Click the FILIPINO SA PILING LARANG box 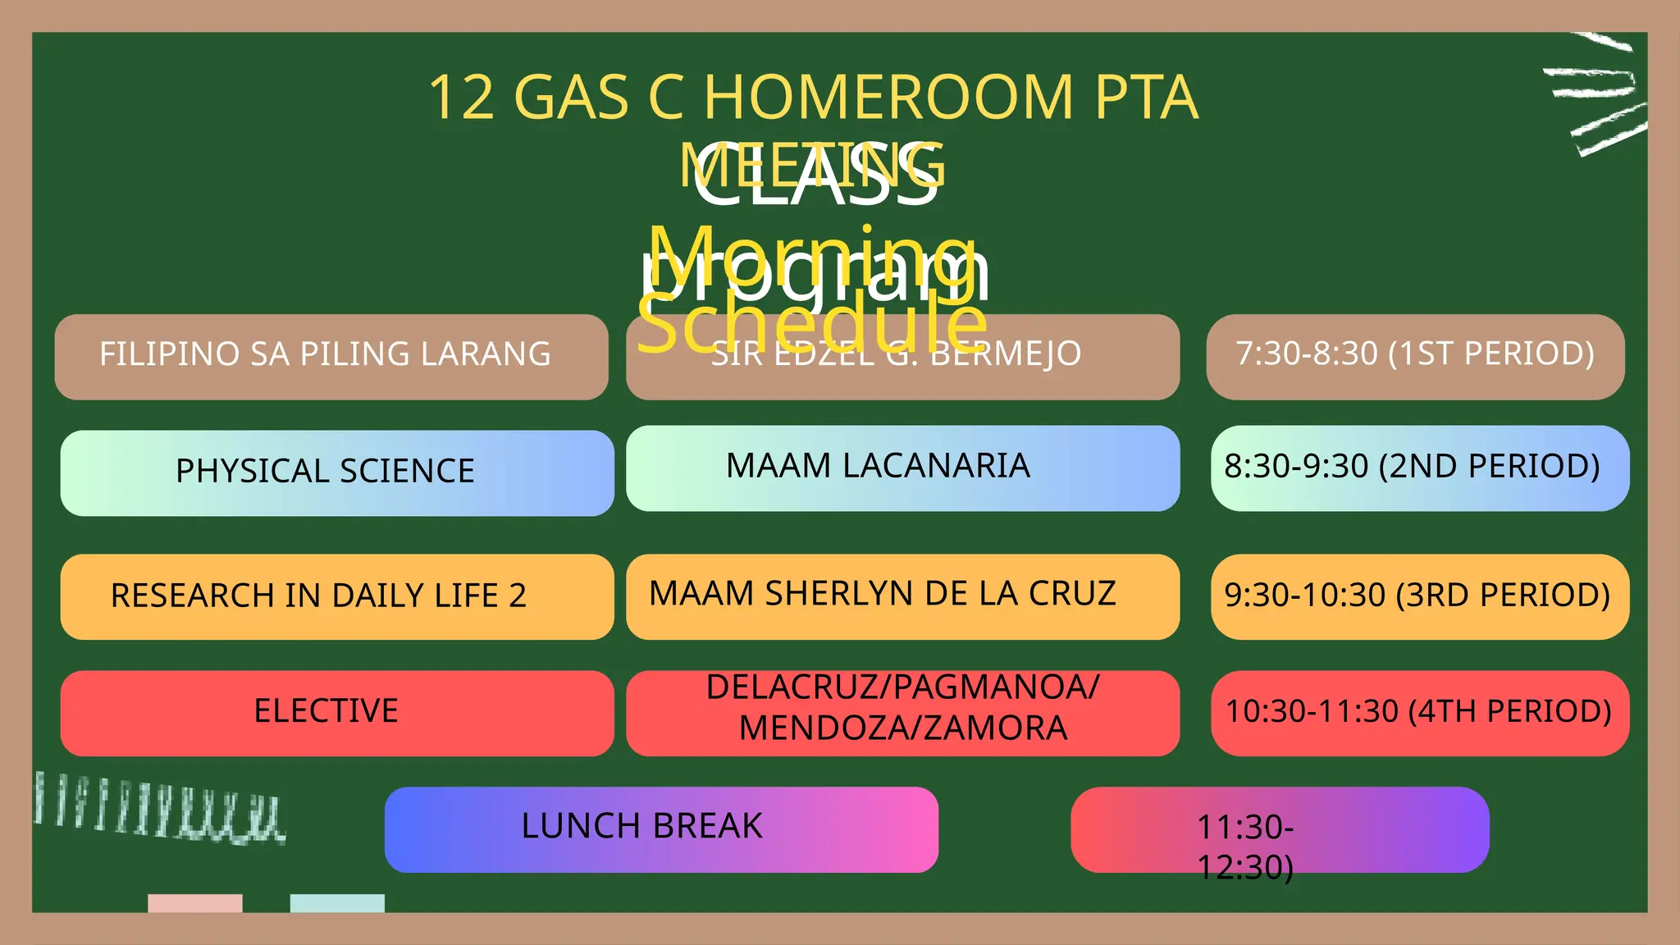point(331,357)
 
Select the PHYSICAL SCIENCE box point(336,472)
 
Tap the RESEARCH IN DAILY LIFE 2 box point(336,596)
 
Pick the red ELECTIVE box point(336,712)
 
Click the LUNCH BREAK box point(660,829)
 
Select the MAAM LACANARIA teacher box point(902,468)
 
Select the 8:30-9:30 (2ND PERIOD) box point(1419,468)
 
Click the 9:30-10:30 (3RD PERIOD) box point(1419,596)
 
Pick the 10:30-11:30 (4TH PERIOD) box point(1419,712)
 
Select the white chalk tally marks point(160,808)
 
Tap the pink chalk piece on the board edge point(195,902)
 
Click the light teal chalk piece point(337,902)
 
